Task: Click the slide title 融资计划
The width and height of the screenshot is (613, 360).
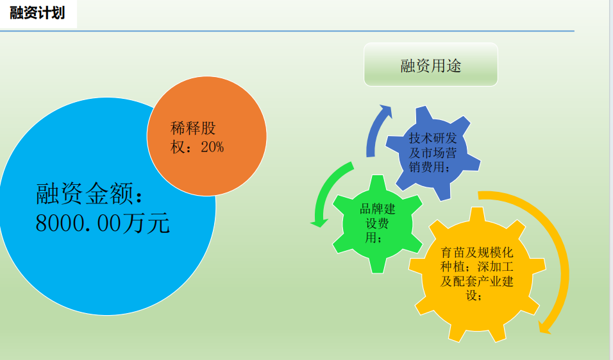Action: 37,13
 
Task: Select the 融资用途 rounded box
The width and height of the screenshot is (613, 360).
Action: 431,65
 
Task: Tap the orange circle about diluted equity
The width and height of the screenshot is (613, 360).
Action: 207,136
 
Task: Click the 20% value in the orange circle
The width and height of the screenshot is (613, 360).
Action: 212,147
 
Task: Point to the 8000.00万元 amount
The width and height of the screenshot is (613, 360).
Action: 103,223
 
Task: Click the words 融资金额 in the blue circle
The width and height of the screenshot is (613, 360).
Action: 85,193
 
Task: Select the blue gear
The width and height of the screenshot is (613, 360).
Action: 433,153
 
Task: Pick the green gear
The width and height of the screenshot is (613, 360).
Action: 378,224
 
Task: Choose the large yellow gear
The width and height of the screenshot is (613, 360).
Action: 477,275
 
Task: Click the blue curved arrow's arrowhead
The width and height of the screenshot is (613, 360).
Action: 386,111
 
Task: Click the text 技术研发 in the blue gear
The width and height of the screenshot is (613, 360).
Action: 433,138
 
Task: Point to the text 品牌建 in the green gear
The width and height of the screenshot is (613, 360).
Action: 378,209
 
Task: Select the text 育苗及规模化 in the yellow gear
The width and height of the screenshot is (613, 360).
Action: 477,252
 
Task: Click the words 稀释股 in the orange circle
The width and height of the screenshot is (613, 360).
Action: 193,128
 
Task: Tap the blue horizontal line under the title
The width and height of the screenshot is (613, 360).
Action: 287,31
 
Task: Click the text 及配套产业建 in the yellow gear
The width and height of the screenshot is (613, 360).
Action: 477,281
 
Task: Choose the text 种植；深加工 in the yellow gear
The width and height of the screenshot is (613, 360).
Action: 477,267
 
